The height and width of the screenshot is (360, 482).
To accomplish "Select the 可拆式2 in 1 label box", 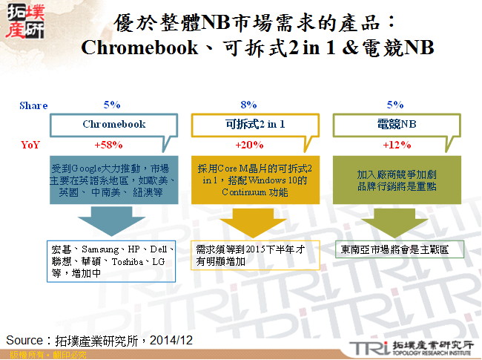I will (x=254, y=125).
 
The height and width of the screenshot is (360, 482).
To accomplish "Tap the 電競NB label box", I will (x=394, y=125).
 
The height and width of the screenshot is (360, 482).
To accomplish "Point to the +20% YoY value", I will (x=248, y=144).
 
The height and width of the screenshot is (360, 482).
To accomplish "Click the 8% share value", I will (x=249, y=105).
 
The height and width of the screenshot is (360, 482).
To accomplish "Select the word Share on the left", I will (x=33, y=105).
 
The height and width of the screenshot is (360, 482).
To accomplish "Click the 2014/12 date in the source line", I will (x=175, y=340).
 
